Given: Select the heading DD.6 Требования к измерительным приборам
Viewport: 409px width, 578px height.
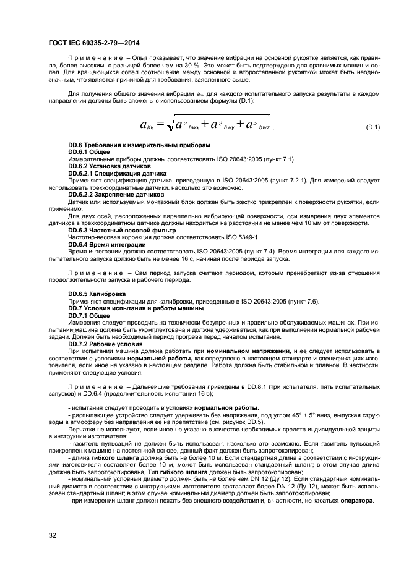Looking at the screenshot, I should (x=139, y=145).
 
